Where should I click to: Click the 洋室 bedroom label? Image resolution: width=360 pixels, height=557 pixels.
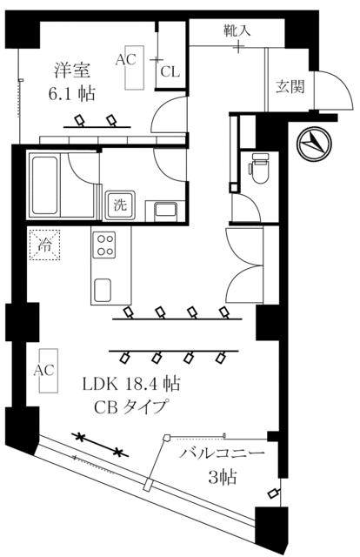tap(72, 70)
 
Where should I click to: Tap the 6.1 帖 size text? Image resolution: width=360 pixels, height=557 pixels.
tap(71, 93)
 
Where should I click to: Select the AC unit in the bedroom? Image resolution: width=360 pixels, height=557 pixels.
tap(134, 68)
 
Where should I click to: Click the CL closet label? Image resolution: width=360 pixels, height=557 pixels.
tap(170, 72)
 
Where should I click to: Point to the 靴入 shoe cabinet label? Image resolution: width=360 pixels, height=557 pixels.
tap(237, 31)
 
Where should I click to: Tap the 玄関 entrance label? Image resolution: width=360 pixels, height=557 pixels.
tap(290, 86)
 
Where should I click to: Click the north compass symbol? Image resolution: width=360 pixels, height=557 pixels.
tap(314, 144)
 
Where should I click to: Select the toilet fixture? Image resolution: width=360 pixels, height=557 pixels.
tap(260, 168)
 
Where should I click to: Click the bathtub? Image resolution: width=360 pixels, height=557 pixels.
tap(44, 185)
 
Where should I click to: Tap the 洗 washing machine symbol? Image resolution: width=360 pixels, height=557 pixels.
tap(120, 205)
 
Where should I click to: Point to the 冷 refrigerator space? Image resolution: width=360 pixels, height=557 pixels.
tap(44, 245)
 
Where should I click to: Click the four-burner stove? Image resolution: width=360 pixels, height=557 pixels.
tap(104, 245)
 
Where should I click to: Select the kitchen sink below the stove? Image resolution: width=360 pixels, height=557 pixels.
tap(103, 290)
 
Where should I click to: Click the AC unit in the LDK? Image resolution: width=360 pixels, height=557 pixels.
tap(49, 371)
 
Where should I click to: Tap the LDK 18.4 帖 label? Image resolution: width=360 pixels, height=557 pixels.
tap(131, 384)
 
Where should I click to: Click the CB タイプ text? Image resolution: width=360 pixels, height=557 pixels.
tap(130, 407)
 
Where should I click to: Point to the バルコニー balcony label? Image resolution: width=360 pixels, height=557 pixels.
tap(223, 453)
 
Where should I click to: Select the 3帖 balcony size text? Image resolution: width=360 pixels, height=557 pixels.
tap(223, 477)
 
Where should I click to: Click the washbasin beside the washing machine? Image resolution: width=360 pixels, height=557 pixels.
tap(166, 212)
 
